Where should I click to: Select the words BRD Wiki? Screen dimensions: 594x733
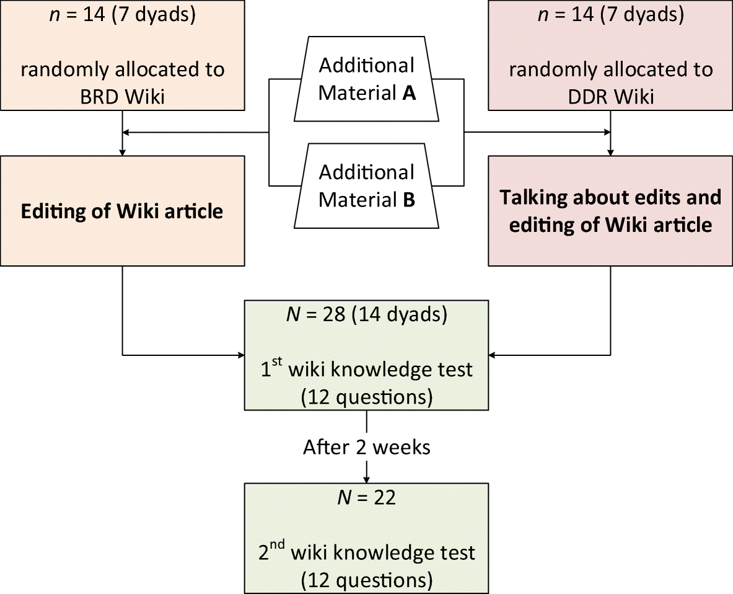123,96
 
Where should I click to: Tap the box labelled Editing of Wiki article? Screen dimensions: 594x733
122,211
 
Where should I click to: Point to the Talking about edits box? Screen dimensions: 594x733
611,211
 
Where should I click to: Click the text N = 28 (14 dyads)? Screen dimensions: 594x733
367,315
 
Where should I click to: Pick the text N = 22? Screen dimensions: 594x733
367,497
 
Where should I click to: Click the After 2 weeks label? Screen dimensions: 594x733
367,447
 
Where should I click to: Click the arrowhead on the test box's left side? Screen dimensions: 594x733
240,356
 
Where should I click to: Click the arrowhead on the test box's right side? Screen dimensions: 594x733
494,356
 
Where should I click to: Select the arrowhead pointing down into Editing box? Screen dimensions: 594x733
123,151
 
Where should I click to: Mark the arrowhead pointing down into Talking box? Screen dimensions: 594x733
612,151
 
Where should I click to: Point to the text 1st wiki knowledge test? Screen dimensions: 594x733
367,370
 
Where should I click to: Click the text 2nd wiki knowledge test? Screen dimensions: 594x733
367,552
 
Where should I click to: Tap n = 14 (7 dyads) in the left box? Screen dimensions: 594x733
123,16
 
